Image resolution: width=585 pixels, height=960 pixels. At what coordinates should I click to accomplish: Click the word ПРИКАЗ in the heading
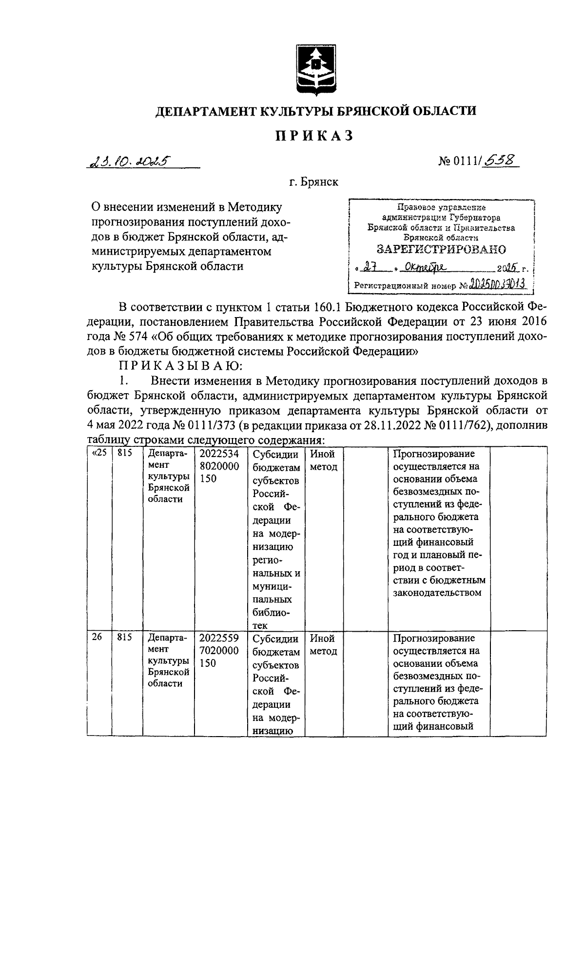point(315,136)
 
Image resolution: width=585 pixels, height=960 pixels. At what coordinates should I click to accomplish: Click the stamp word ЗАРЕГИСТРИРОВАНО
point(442,249)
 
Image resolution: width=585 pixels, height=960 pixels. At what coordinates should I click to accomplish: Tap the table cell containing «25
point(99,454)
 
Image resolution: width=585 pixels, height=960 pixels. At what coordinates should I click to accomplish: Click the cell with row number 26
point(96,638)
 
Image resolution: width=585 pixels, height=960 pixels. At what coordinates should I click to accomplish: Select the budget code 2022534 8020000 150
point(219,466)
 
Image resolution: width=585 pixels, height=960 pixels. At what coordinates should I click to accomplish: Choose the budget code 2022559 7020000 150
point(219,650)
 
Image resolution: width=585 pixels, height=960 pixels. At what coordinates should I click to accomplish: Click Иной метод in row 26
point(323,644)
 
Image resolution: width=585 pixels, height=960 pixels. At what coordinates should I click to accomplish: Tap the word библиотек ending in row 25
point(271,618)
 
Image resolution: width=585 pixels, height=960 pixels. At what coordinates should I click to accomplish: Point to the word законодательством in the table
point(437,593)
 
